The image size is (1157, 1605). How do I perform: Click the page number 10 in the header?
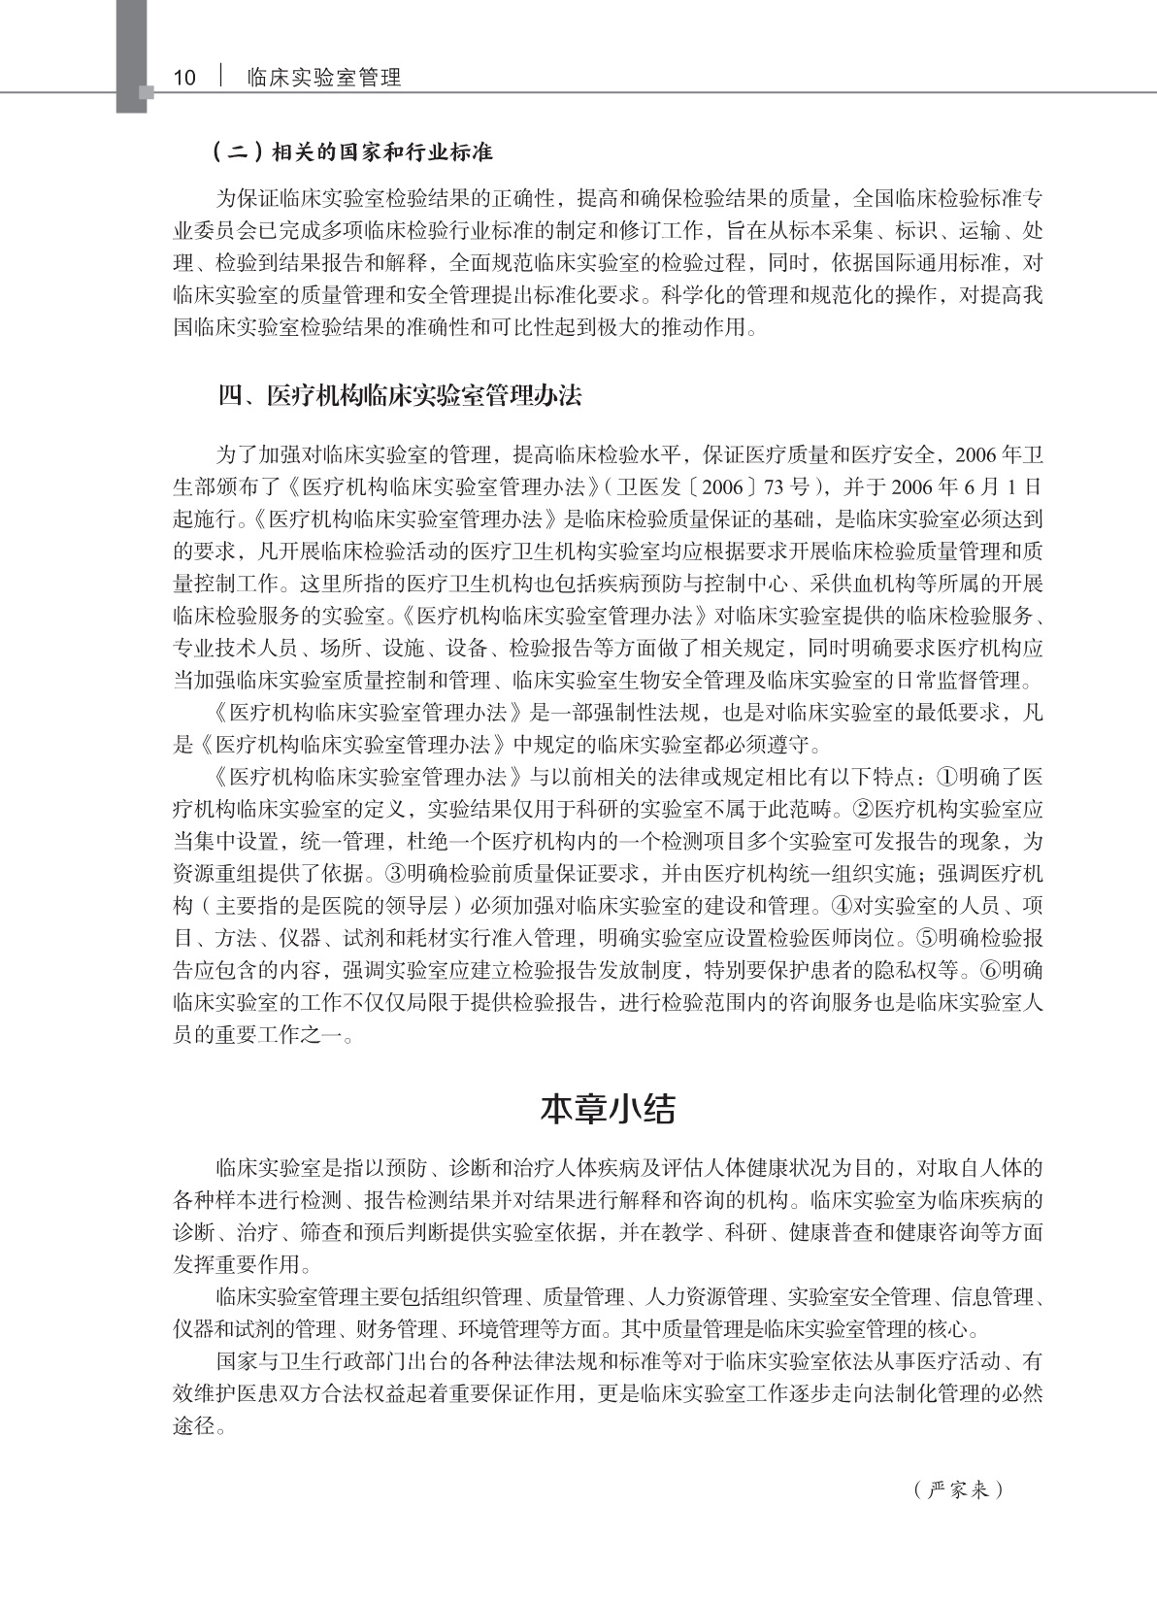184,78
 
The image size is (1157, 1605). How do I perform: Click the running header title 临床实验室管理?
324,78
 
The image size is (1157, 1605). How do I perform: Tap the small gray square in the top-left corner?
147,93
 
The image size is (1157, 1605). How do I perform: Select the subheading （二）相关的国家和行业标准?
353,152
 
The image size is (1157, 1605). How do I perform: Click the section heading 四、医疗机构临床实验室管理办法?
399,396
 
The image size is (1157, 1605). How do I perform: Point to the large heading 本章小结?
608,1109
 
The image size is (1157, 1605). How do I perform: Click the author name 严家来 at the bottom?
958,1489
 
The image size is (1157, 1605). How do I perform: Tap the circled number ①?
947,777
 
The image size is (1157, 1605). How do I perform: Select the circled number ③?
395,872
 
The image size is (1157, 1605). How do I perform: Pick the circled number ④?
841,905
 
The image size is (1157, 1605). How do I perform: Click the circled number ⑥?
989,969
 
